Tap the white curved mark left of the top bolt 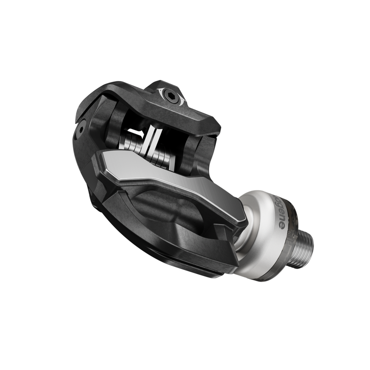tap(160, 92)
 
